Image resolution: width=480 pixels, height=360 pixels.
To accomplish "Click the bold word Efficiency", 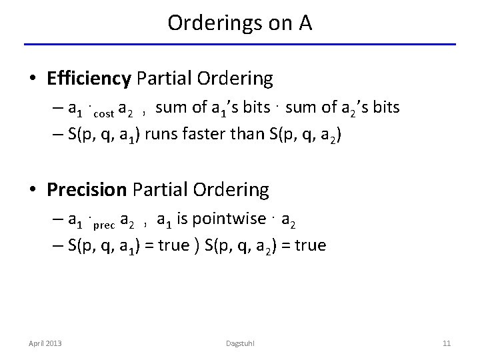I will (x=89, y=79).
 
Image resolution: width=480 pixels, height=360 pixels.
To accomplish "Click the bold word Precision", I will (x=87, y=190).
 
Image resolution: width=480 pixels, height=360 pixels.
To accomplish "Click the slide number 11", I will (x=447, y=343).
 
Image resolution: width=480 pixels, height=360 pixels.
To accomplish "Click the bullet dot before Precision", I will (x=31, y=191).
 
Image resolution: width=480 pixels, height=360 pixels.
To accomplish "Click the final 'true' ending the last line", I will (x=311, y=245).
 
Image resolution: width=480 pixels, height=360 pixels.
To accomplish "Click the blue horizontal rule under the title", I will (x=240, y=45).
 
